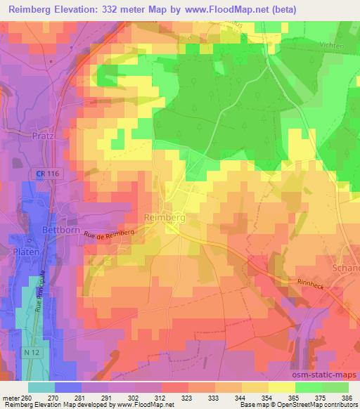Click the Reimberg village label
pyautogui.click(x=163, y=219)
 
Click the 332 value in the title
pyautogui.click(x=117, y=9)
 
